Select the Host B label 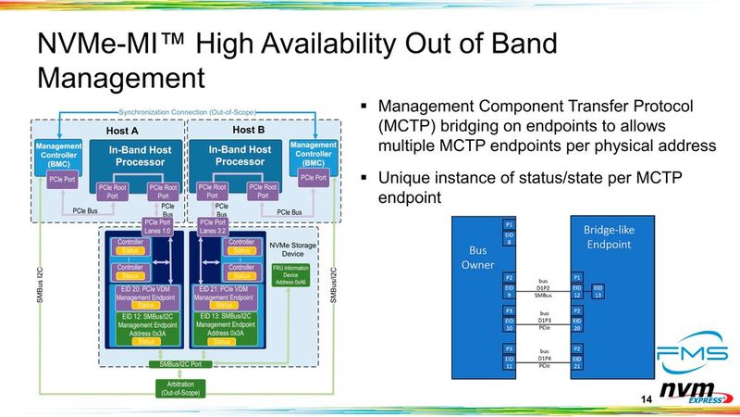[248, 131]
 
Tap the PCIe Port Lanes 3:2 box [213, 227]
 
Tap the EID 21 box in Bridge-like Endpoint [576, 361]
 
